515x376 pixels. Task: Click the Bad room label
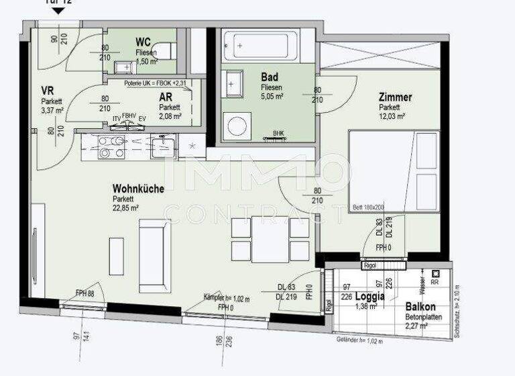pyautogui.click(x=270, y=77)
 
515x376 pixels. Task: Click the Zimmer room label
pyautogui.click(x=395, y=97)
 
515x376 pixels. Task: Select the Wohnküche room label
pyautogui.click(x=138, y=189)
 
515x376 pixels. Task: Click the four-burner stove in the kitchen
pyautogui.click(x=112, y=147)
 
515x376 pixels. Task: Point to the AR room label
pyautogui.click(x=166, y=97)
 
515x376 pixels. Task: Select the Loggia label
pyautogui.click(x=369, y=296)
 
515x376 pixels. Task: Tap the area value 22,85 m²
pyautogui.click(x=125, y=208)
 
